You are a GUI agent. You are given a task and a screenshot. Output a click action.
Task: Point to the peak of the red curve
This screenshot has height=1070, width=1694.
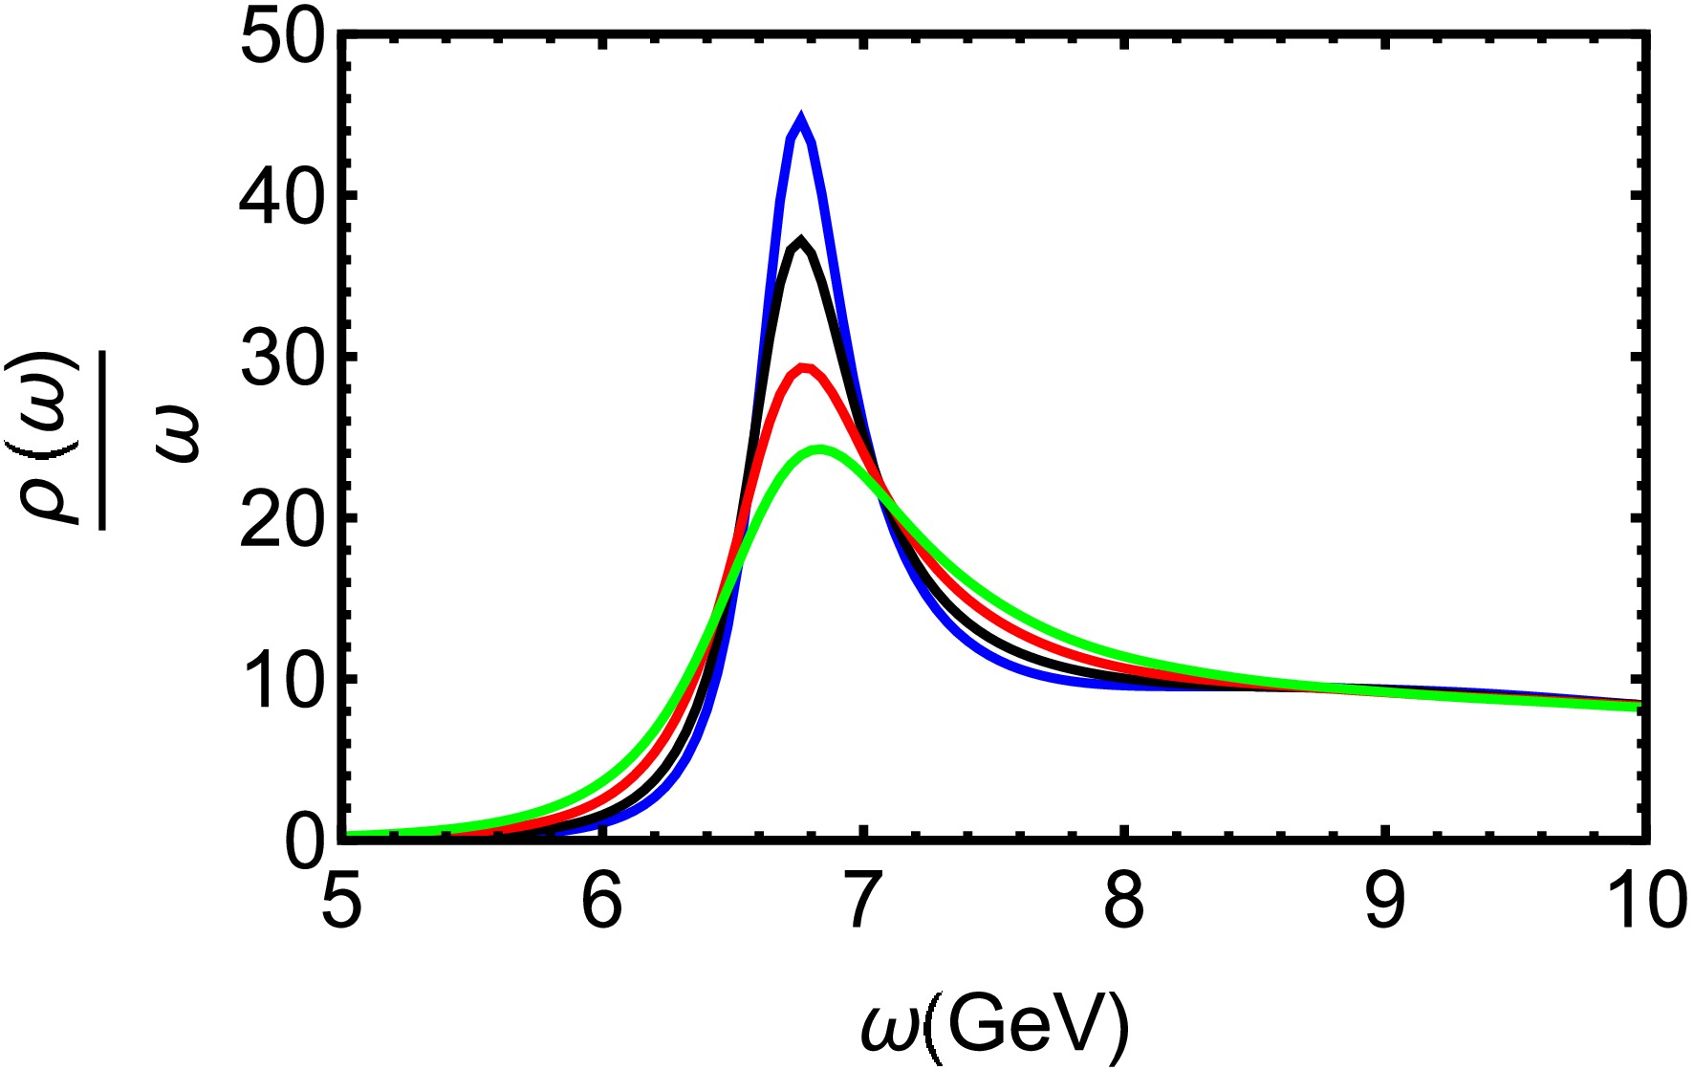(x=805, y=367)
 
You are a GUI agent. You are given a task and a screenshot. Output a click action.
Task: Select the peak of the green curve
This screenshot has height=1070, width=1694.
(x=820, y=448)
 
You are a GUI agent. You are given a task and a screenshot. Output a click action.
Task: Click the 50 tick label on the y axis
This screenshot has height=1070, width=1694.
(x=284, y=38)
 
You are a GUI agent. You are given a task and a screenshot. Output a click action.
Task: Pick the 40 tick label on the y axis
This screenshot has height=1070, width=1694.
(x=284, y=199)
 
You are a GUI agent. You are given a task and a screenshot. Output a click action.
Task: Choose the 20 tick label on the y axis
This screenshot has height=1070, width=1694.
(x=284, y=521)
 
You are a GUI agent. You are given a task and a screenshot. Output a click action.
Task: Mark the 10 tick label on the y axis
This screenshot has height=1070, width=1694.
(x=284, y=682)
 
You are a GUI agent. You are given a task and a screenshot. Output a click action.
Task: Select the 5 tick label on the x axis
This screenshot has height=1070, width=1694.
(x=342, y=904)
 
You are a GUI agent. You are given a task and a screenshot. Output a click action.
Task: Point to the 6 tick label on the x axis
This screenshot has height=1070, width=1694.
(x=602, y=904)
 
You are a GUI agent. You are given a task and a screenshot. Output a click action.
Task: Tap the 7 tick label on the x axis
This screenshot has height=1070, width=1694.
(x=862, y=904)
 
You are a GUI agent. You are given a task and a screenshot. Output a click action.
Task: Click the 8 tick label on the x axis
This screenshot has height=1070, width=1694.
(x=1124, y=904)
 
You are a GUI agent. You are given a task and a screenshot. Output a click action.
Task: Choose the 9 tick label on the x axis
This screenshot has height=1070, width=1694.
(x=1385, y=904)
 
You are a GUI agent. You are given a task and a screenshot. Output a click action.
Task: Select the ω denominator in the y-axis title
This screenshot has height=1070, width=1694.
(x=177, y=436)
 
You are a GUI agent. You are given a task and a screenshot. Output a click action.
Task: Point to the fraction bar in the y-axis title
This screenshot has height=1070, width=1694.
(x=103, y=436)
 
